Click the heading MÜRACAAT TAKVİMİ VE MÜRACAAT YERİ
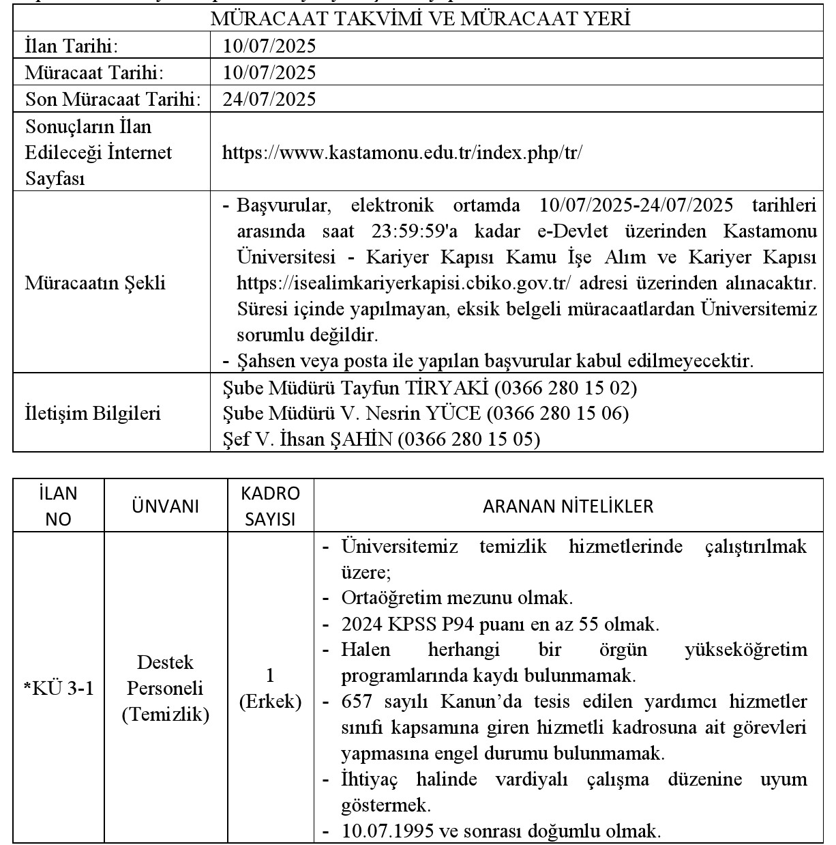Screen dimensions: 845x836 point(420,18)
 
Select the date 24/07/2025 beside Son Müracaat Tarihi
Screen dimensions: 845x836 point(269,100)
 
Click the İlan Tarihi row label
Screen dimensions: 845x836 point(71,46)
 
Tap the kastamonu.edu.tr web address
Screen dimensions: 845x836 point(402,152)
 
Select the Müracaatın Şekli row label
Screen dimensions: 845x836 point(95,283)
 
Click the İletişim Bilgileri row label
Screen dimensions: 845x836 point(93,414)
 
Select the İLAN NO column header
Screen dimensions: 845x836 point(59,506)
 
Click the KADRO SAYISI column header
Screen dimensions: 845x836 point(270,506)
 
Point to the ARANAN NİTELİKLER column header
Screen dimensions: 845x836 point(567,506)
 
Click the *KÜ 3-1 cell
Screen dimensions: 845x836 point(59,689)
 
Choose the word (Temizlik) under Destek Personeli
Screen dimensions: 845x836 point(165,715)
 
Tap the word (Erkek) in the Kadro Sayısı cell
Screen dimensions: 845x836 point(270,702)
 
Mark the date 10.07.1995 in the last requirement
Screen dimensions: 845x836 point(386,831)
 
